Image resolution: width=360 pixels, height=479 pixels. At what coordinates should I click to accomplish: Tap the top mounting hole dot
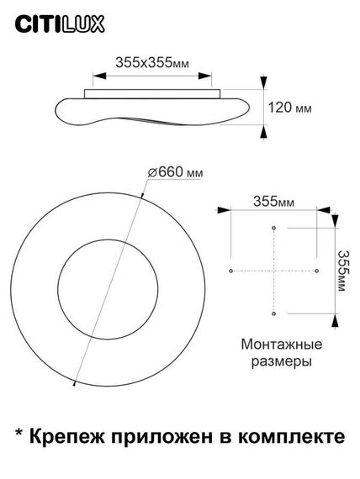point(273,228)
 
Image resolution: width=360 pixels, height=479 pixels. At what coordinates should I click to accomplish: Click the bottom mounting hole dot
point(273,313)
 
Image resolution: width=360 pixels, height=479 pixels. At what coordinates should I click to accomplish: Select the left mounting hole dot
point(230,271)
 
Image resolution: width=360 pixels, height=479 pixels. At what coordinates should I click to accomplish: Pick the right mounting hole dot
point(316,271)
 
